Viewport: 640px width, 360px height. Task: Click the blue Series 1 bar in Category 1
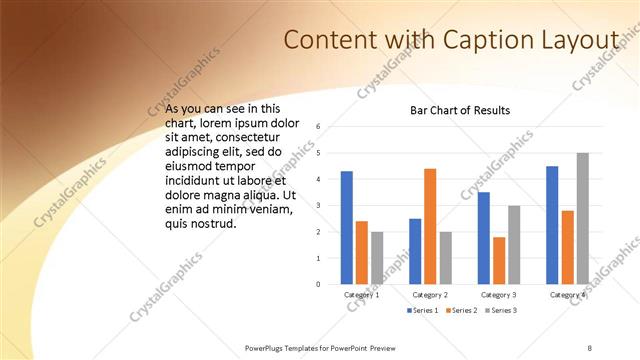(346, 228)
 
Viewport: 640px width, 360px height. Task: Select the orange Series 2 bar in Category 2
(430, 226)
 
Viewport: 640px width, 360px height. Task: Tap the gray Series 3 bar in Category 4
(582, 218)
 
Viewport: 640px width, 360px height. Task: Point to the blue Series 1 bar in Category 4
(552, 225)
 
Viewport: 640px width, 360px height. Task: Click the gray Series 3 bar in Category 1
(377, 258)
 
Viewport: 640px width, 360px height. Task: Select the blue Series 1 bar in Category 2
(415, 251)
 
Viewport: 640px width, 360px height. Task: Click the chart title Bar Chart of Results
(460, 110)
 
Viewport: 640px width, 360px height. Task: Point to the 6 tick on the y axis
(317, 127)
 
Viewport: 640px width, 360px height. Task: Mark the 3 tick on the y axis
(317, 206)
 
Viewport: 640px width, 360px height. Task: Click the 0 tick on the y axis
(317, 284)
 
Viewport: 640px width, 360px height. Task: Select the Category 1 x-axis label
(361, 295)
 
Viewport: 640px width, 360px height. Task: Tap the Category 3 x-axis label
(498, 295)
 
